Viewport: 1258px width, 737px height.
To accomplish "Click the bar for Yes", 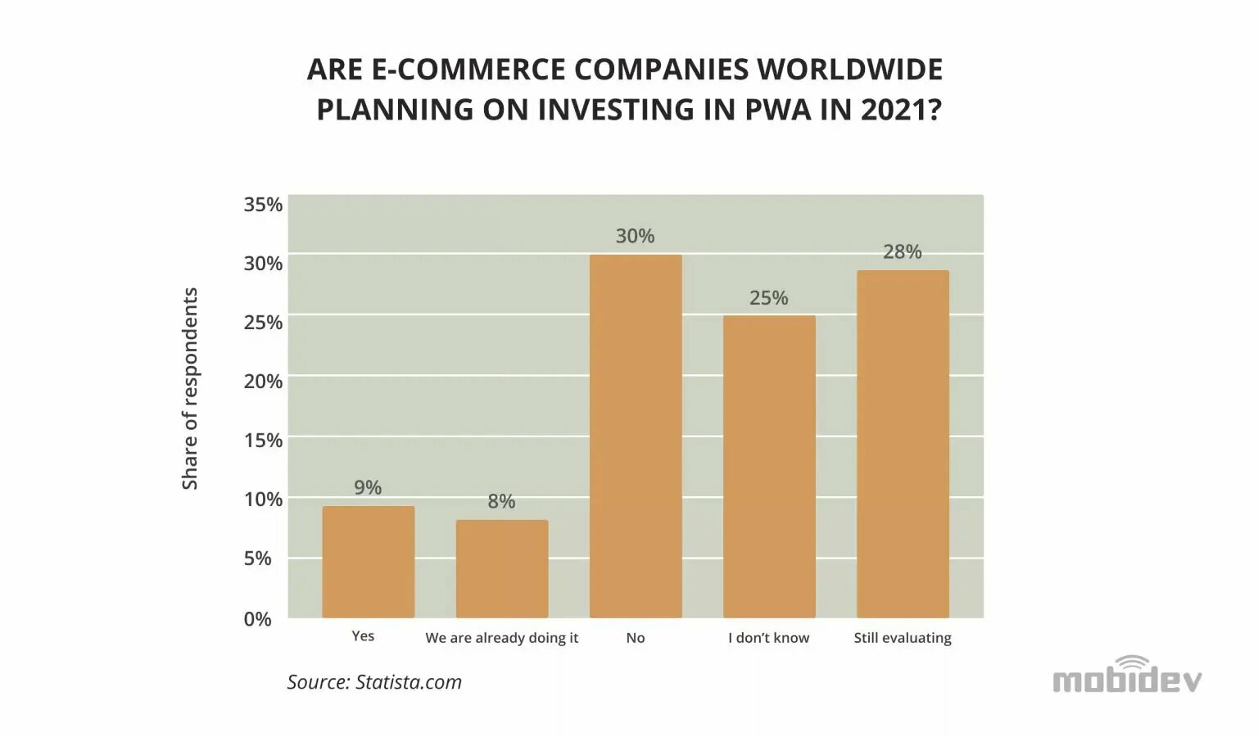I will point(368,562).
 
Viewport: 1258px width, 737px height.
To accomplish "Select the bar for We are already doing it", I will point(501,568).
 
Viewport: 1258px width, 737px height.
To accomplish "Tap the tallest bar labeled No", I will point(636,436).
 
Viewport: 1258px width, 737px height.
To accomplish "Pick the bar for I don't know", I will point(769,466).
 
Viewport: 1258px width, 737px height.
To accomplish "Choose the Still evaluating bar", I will point(903,444).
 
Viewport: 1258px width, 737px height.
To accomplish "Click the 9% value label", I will point(368,487).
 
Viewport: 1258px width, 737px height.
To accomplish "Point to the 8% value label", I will point(501,501).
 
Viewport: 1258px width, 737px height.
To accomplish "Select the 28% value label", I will point(902,251).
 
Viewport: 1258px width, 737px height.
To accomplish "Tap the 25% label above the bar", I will point(768,298).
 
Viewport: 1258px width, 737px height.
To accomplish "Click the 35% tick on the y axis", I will point(262,205).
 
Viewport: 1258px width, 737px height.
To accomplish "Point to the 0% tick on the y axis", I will point(257,619).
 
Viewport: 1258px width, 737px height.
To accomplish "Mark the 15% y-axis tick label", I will point(262,441).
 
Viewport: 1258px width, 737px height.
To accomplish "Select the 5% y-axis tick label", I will point(257,558).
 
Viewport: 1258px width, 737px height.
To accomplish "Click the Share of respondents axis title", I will point(190,389).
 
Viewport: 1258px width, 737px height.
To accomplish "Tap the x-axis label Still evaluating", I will point(903,638).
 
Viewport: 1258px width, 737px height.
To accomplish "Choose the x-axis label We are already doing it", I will point(501,638).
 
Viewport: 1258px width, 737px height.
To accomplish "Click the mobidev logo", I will point(1127,676).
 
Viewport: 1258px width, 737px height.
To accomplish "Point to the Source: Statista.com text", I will point(374,682).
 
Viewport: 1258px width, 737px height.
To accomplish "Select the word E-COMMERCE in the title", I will point(468,70).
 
